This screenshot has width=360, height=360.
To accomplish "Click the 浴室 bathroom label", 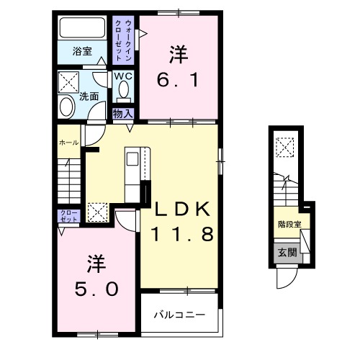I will point(82,51).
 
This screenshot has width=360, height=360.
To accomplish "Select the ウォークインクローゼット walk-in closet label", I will point(123,40).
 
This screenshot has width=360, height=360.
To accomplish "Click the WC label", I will point(122,76).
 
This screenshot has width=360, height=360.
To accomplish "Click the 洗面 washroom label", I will point(89,96).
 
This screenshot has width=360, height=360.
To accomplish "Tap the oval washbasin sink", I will point(66,107).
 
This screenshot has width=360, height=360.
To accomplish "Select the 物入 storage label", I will point(122,112).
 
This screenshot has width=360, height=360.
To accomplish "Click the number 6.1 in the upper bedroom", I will point(176,77).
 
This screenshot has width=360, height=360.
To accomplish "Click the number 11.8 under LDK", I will point(181,234).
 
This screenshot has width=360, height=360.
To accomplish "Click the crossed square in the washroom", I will point(70,81).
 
